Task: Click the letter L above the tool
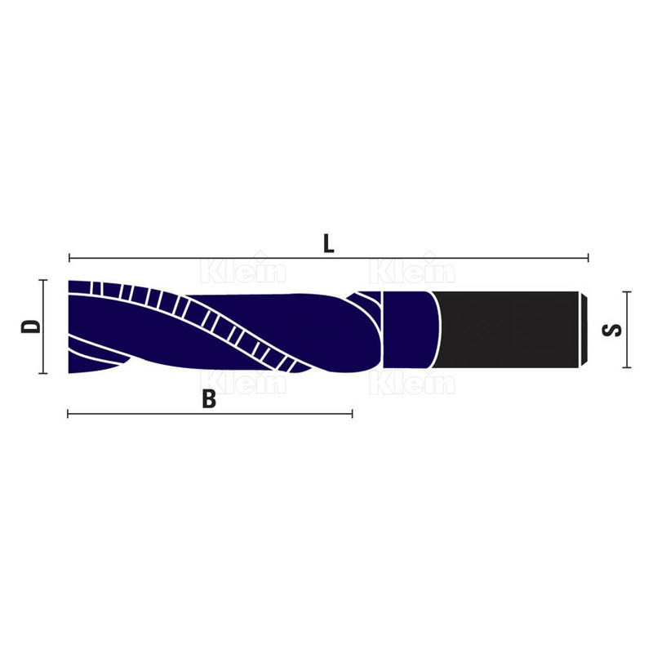coord(329,243)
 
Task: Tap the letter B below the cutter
coord(209,398)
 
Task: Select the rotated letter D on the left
coord(31,326)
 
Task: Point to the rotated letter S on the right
coord(611,330)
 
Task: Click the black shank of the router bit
coord(505,330)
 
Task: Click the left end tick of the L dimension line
coord(69,258)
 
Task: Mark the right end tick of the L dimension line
coord(588,258)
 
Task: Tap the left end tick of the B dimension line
coord(68,414)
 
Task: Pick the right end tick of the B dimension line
coord(353,414)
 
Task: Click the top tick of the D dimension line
coord(43,280)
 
